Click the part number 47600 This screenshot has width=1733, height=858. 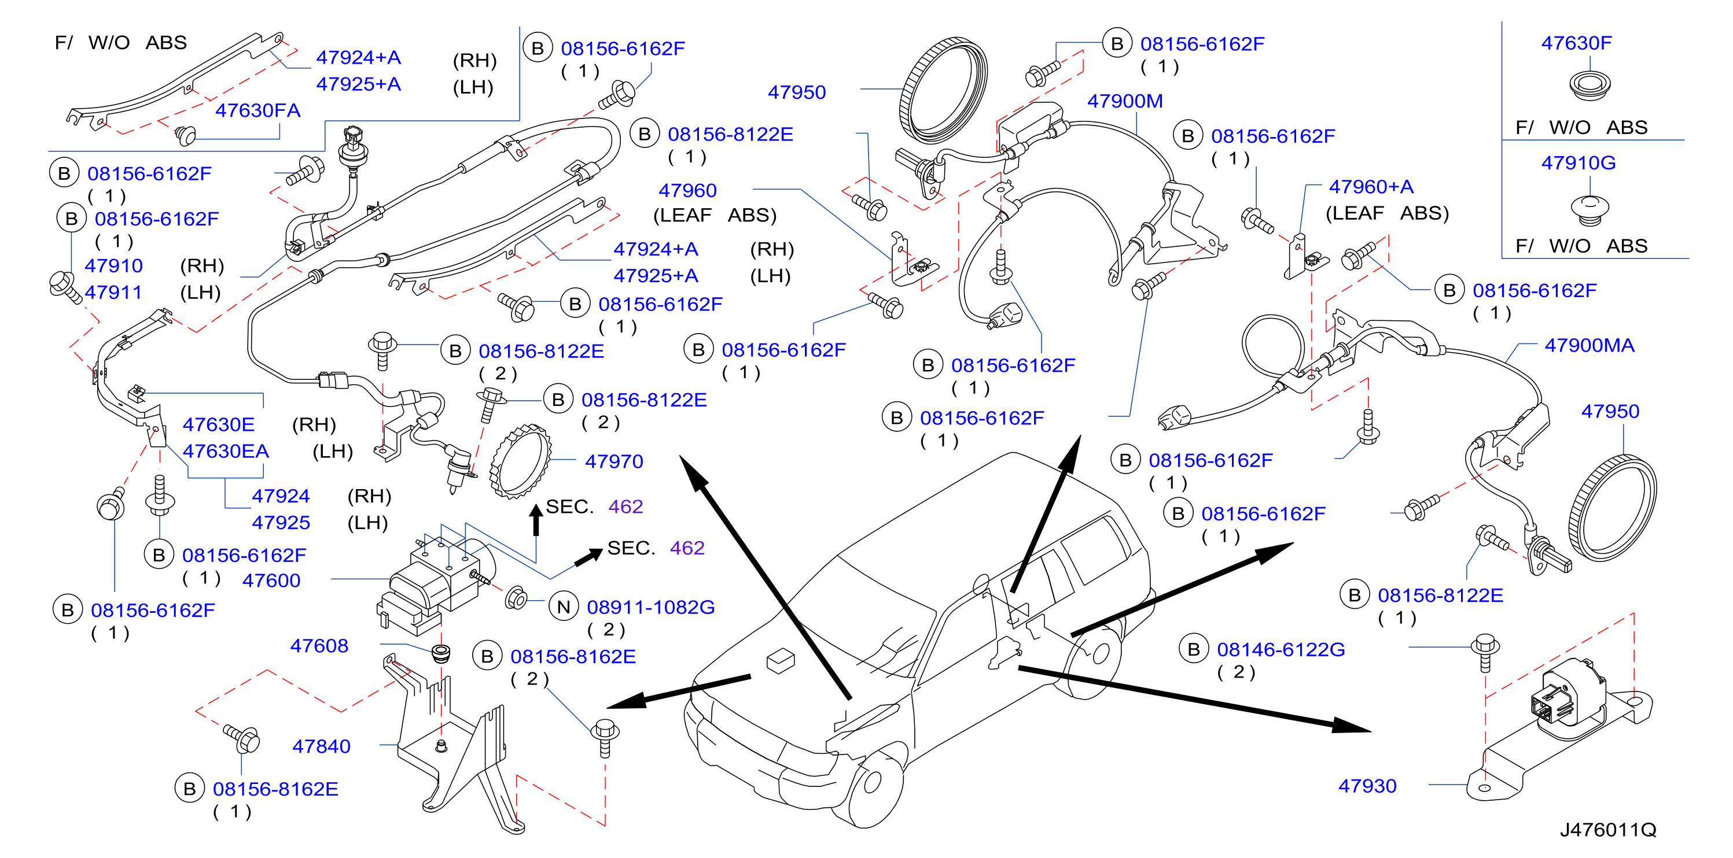(x=271, y=580)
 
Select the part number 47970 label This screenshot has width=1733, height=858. (x=613, y=461)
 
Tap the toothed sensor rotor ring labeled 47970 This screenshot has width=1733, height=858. (x=521, y=461)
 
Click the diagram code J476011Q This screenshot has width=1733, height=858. (x=1608, y=829)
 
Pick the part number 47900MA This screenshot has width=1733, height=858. (x=1589, y=345)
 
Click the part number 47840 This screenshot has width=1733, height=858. (x=321, y=746)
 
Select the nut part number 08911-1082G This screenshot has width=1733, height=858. (x=650, y=607)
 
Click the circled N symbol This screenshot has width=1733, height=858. (x=564, y=607)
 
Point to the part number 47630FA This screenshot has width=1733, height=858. (x=257, y=110)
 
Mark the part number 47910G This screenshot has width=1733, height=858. (x=1579, y=162)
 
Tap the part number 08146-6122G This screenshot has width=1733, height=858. (x=1281, y=649)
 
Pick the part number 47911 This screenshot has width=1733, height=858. (x=113, y=293)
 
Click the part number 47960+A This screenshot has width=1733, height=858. (x=1371, y=186)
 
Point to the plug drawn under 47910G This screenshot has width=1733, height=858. (x=1589, y=209)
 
